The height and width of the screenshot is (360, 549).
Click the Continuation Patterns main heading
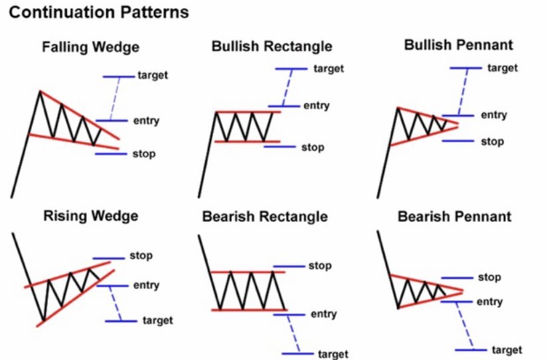pos(98,13)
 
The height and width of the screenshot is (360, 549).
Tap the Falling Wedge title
pos(90,48)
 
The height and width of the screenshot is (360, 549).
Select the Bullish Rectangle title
pos(272,46)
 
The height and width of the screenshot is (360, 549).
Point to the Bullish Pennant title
pos(458,45)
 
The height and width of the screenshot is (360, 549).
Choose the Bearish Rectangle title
pos(265,217)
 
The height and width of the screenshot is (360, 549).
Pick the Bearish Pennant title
pos(455,217)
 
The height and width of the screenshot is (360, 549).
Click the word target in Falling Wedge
pos(153,75)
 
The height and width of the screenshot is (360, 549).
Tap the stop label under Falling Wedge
pos(143,154)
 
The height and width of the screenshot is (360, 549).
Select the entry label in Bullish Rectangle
pos(317,106)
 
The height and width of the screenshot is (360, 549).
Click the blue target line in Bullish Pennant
pos(465,68)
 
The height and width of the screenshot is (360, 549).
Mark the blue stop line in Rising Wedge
pos(108,258)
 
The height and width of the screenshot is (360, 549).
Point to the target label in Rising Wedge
pos(157,321)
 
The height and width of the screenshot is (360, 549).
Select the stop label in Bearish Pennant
pos(489,277)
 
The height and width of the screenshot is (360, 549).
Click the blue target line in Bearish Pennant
pos(471,349)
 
